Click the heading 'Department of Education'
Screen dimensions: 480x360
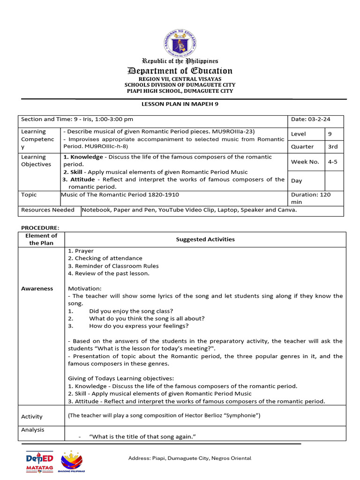180,71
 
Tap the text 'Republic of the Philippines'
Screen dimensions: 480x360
180,61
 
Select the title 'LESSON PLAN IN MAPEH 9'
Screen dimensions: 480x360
180,104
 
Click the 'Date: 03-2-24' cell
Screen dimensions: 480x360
308,119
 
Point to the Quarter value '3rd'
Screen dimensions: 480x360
333,146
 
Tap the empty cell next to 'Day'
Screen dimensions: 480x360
334,180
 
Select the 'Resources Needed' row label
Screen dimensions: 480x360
47,210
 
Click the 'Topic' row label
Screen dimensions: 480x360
29,195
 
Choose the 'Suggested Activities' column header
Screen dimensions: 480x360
205,239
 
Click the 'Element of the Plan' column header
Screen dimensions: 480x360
41,239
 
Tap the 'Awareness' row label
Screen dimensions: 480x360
37,289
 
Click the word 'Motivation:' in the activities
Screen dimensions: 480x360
84,289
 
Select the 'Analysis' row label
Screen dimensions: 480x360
33,429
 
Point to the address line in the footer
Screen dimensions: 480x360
190,458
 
